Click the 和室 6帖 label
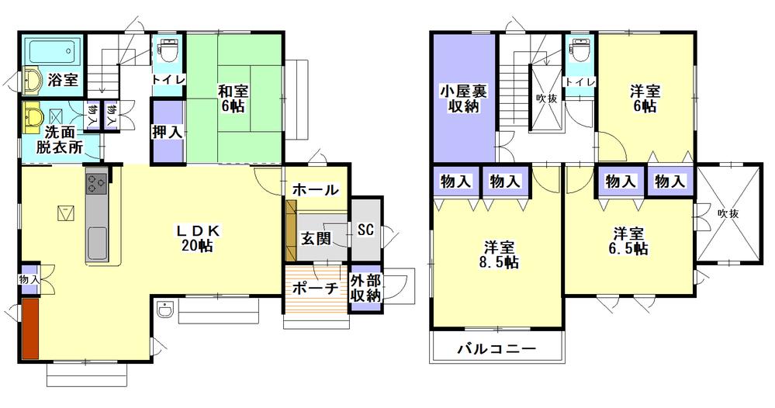coord(231,99)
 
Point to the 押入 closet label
coord(167,132)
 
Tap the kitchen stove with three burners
coord(97,184)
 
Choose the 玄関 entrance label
coord(317,238)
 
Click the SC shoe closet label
coord(367,230)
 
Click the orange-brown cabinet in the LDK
coord(30,329)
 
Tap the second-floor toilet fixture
coord(578,51)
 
